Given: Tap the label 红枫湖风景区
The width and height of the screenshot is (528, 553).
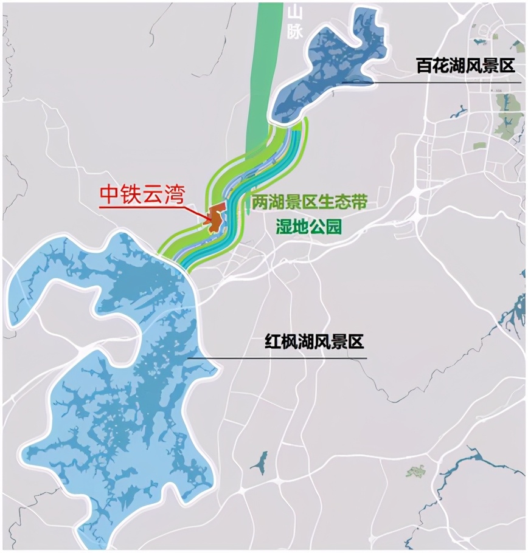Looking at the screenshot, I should [314, 342].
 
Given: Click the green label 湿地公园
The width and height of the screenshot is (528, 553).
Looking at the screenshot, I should [308, 227].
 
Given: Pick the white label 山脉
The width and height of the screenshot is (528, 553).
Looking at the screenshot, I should [294, 22].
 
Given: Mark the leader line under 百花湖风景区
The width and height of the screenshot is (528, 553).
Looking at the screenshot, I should [426, 81].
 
